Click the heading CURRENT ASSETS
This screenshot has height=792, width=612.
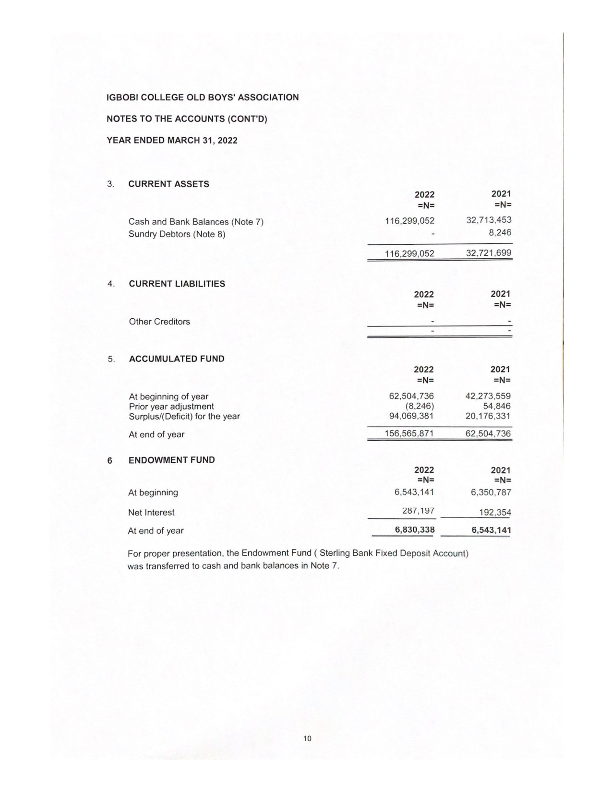pyautogui.click(x=168, y=184)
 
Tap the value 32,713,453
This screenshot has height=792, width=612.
pyautogui.click(x=489, y=220)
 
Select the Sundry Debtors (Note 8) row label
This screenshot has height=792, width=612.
pyautogui.click(x=177, y=234)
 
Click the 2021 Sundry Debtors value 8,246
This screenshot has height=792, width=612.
pyautogui.click(x=501, y=232)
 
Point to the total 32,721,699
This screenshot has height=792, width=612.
pyautogui.click(x=489, y=253)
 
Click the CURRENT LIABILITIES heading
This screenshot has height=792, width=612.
pyautogui.click(x=177, y=284)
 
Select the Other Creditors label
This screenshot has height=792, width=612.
pyautogui.click(x=159, y=322)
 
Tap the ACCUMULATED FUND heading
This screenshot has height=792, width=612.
pyautogui.click(x=177, y=359)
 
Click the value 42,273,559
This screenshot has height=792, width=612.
pyautogui.click(x=488, y=396)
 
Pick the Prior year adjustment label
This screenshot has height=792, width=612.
pyautogui.click(x=171, y=407)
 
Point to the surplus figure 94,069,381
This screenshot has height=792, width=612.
pyautogui.click(x=411, y=416)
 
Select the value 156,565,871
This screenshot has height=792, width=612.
pyautogui.click(x=409, y=433)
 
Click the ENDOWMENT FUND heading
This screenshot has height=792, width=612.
pyautogui.click(x=171, y=460)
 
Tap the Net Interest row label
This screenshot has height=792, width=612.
pyautogui.click(x=151, y=513)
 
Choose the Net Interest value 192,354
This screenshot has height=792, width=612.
pyautogui.click(x=495, y=513)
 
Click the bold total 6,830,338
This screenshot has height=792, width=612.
pyautogui.click(x=415, y=530)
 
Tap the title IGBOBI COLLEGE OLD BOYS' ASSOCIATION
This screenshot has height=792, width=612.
pyautogui.click(x=203, y=97)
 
